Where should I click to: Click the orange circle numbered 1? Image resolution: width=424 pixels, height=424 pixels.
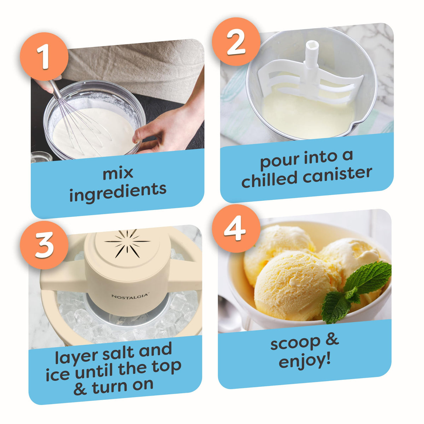[x=44, y=57]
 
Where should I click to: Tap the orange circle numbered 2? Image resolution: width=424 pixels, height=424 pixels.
[x=236, y=41]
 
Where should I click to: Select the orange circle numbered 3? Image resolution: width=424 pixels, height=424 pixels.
[x=44, y=245]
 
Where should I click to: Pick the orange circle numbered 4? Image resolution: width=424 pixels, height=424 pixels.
[x=236, y=228]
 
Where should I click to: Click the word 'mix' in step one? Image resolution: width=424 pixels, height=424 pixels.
[x=118, y=173]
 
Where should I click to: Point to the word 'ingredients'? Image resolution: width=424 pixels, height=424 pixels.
[x=118, y=192]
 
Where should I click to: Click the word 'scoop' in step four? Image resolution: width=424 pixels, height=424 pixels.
[x=295, y=343]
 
